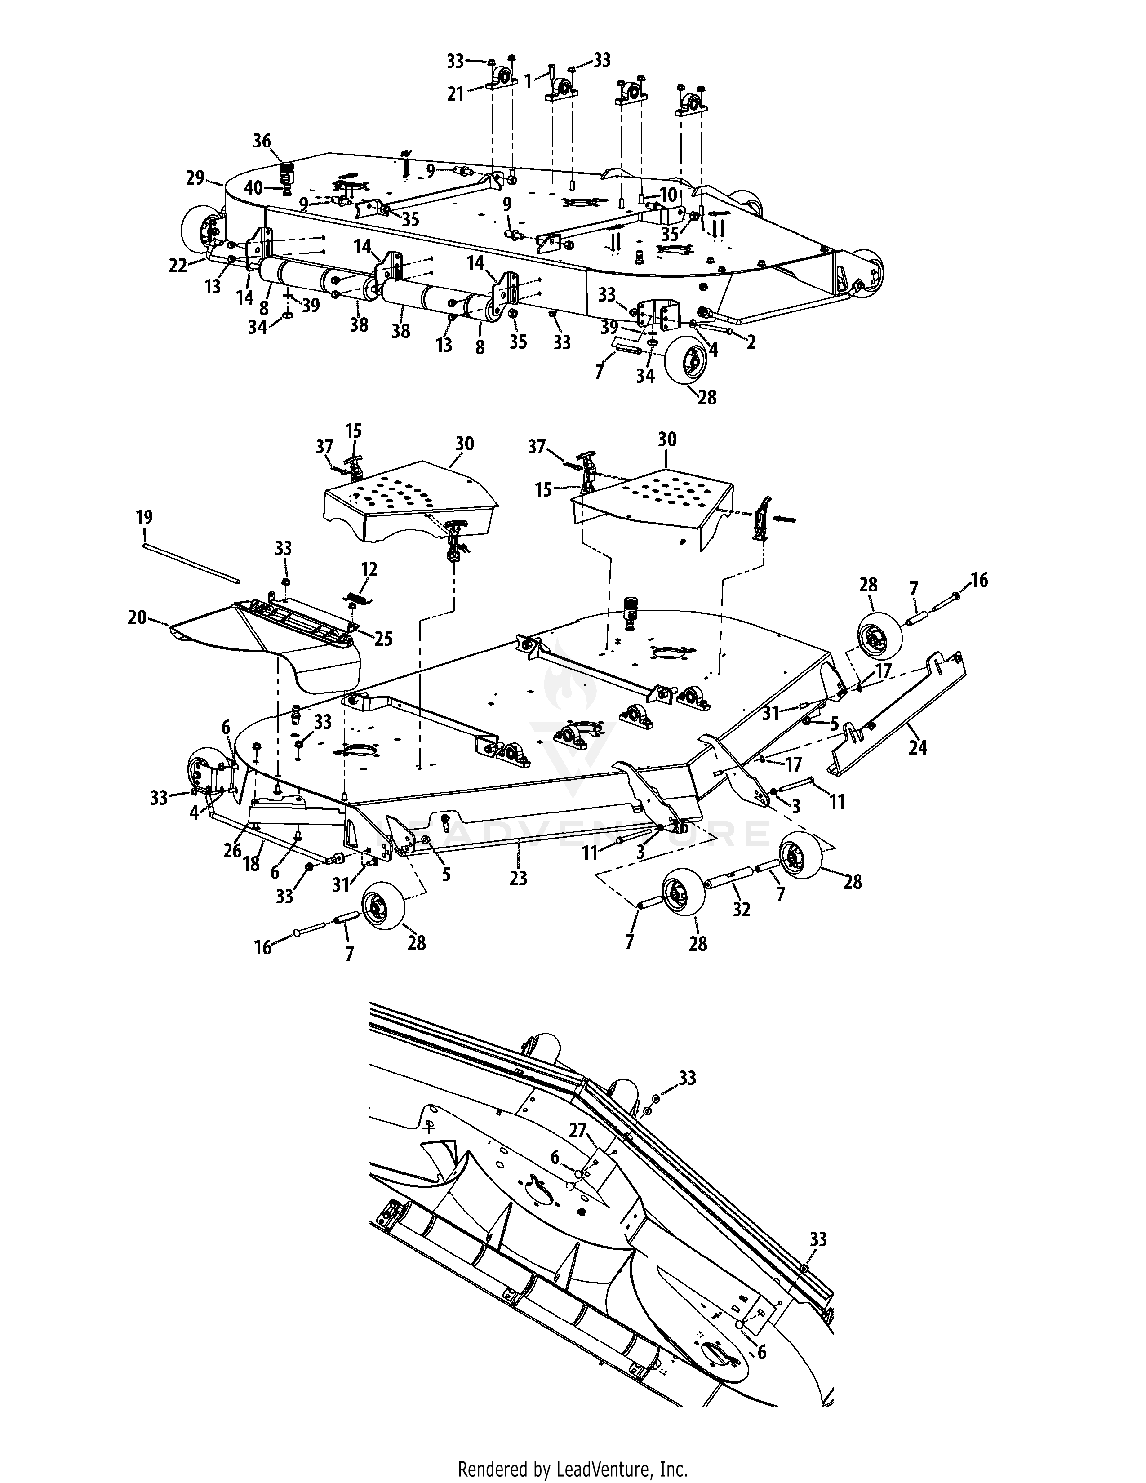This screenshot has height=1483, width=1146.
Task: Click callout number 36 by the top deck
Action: (262, 141)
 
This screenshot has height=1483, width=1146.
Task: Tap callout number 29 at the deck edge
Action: (195, 178)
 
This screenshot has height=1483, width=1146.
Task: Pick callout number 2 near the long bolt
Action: (751, 342)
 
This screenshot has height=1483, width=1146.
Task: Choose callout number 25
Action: (384, 639)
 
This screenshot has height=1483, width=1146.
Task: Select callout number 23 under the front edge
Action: (518, 879)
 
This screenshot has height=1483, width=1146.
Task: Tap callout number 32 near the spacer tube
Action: (742, 909)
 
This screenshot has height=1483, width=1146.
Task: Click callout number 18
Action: (251, 864)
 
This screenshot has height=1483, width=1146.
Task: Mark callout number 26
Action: (232, 850)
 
